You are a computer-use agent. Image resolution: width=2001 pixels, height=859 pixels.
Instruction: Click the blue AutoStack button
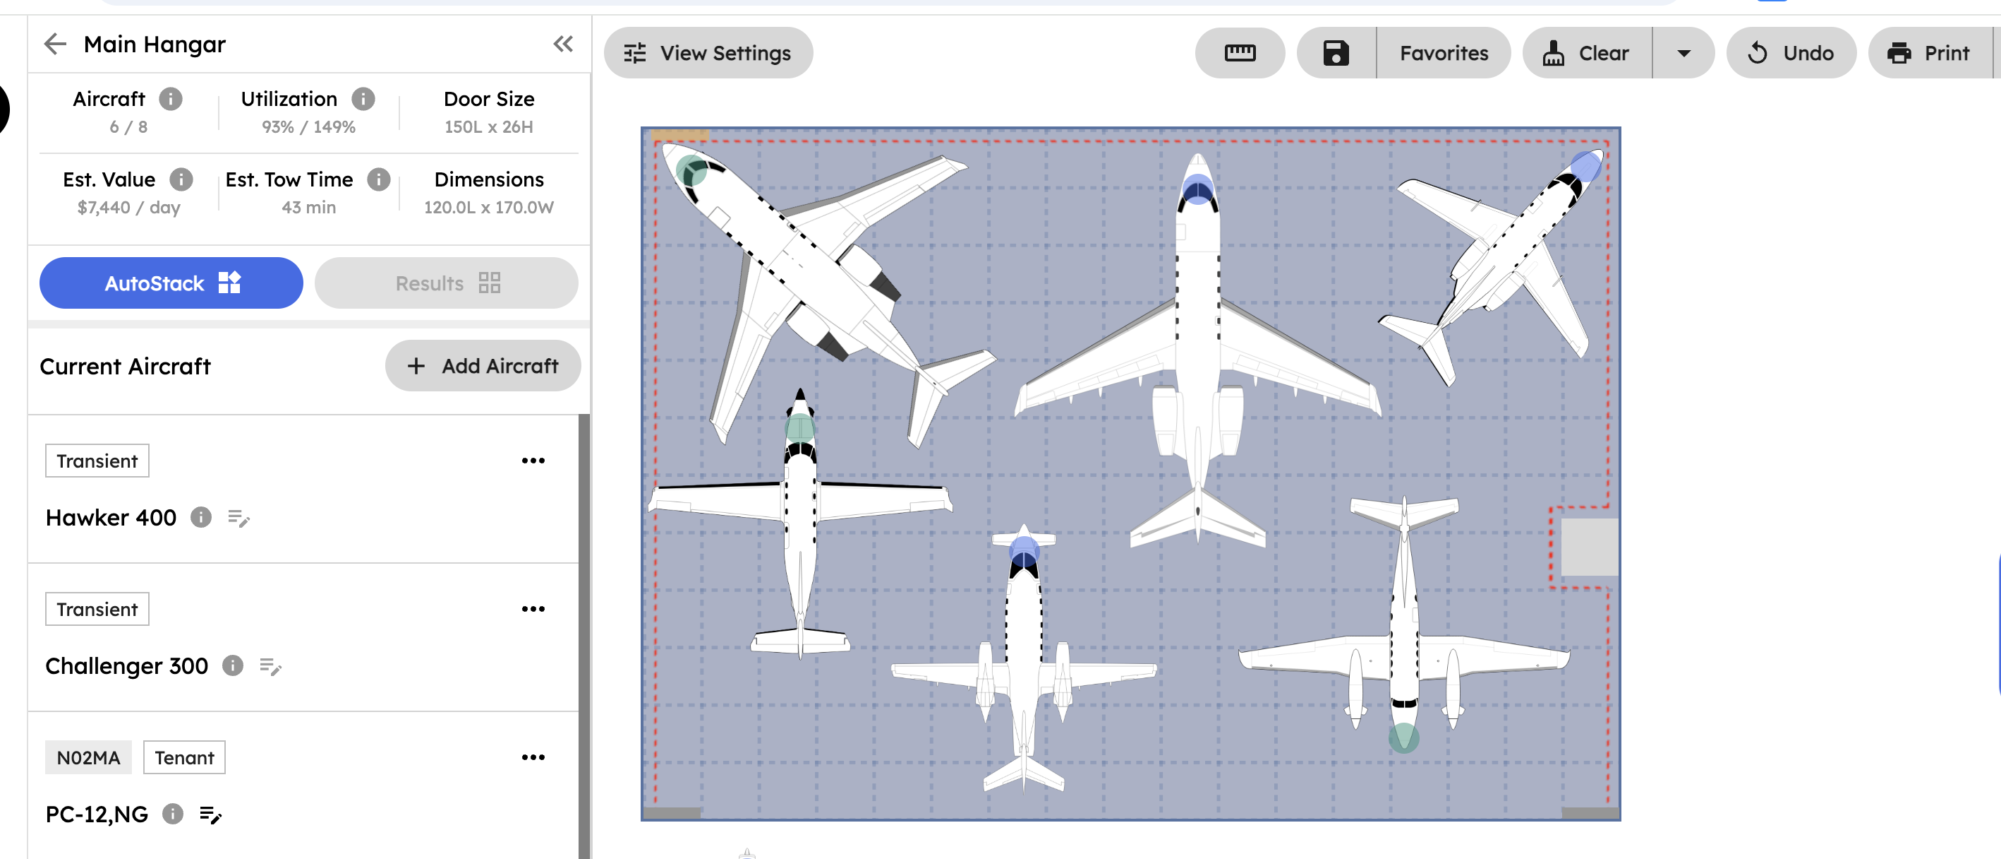pyautogui.click(x=171, y=283)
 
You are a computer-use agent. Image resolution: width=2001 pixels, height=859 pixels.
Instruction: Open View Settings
pyautogui.click(x=708, y=53)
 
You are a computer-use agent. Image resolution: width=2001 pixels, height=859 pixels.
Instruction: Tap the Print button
pyautogui.click(x=1929, y=53)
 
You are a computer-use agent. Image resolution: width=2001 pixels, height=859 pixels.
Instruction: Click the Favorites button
pyautogui.click(x=1444, y=53)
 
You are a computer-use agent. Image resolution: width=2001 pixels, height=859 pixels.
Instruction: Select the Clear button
pyautogui.click(x=1587, y=53)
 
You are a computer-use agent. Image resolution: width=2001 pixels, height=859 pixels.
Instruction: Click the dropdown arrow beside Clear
pyautogui.click(x=1683, y=53)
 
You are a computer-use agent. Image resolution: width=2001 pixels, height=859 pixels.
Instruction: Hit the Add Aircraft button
pyautogui.click(x=483, y=365)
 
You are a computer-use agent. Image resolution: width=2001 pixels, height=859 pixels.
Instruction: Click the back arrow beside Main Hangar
pyautogui.click(x=55, y=45)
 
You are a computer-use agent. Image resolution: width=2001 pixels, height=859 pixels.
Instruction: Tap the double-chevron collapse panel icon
pyautogui.click(x=563, y=45)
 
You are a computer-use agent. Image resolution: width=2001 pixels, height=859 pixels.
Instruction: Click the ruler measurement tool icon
pyautogui.click(x=1239, y=53)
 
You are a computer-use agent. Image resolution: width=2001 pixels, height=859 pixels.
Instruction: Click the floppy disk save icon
pyautogui.click(x=1336, y=53)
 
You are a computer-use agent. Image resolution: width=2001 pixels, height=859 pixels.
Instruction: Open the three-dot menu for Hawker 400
pyautogui.click(x=533, y=461)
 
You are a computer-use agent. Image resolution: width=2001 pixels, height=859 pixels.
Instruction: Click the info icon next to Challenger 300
pyautogui.click(x=233, y=665)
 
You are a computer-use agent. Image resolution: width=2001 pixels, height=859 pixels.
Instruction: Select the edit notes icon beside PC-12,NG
pyautogui.click(x=210, y=814)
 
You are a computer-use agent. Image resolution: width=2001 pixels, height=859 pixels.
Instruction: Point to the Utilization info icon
pyautogui.click(x=363, y=99)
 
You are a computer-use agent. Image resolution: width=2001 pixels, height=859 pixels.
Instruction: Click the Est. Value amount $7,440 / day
pyautogui.click(x=129, y=208)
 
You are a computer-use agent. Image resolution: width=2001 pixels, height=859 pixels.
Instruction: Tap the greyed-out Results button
pyautogui.click(x=446, y=283)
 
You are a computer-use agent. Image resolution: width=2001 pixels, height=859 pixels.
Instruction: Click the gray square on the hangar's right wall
pyautogui.click(x=1588, y=547)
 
